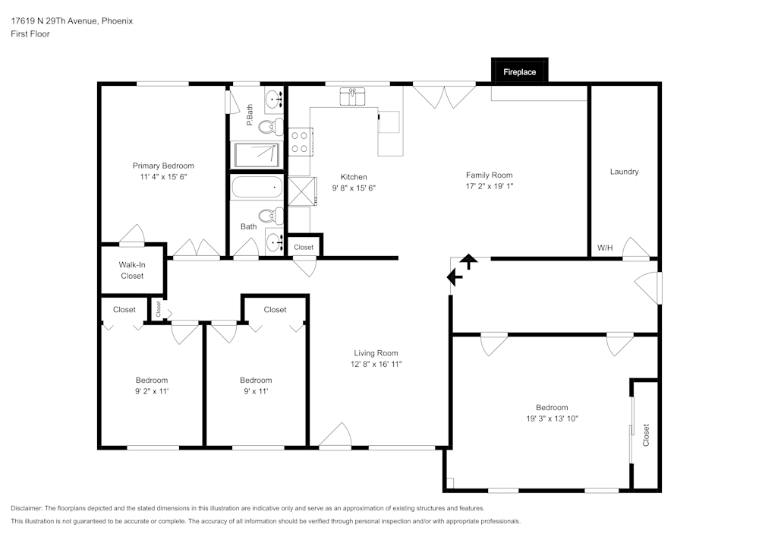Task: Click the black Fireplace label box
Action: click(x=519, y=71)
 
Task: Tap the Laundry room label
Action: click(x=624, y=172)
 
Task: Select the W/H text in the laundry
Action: click(x=605, y=248)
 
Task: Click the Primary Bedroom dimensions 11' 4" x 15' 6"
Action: click(x=163, y=176)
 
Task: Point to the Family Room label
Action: click(x=489, y=175)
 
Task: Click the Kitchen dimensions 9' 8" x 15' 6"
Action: click(x=354, y=188)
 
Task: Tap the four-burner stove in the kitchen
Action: click(x=299, y=141)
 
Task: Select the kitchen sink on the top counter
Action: click(x=352, y=96)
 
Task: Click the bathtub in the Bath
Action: click(x=257, y=188)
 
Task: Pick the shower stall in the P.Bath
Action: click(x=257, y=154)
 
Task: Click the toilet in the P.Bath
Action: click(x=270, y=126)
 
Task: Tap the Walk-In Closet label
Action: click(x=132, y=270)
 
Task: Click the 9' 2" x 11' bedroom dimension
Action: click(x=152, y=391)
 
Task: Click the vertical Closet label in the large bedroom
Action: click(x=646, y=434)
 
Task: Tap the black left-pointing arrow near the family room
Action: click(x=455, y=277)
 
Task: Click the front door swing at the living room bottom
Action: click(x=335, y=437)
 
